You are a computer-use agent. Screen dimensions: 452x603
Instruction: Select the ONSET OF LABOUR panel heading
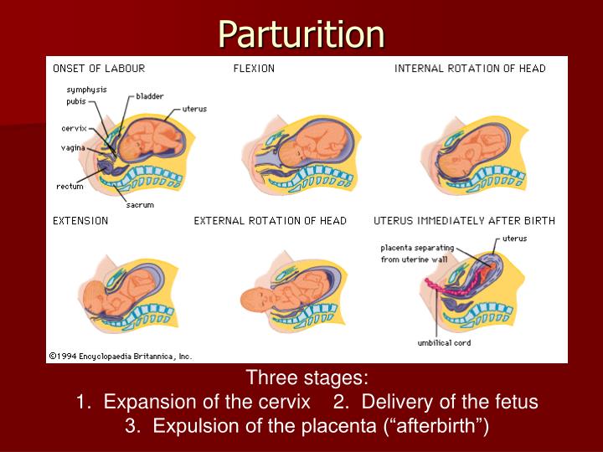pyautogui.click(x=99, y=68)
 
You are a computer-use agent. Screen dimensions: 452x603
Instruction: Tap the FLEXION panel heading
pyautogui.click(x=254, y=68)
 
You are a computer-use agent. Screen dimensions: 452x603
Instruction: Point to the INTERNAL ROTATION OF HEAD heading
pyautogui.click(x=470, y=68)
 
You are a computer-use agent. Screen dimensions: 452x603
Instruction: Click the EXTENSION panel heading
pyautogui.click(x=80, y=221)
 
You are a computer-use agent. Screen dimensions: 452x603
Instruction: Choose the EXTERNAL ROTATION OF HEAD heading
pyautogui.click(x=270, y=221)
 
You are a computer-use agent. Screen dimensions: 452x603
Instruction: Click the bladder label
pyautogui.click(x=150, y=96)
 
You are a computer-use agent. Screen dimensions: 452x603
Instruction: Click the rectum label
pyautogui.click(x=70, y=187)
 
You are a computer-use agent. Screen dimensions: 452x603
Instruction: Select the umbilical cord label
pyautogui.click(x=446, y=342)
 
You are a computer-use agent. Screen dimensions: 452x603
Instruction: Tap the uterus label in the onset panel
pyautogui.click(x=194, y=109)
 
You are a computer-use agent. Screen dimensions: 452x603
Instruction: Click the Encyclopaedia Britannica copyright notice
pyautogui.click(x=121, y=356)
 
